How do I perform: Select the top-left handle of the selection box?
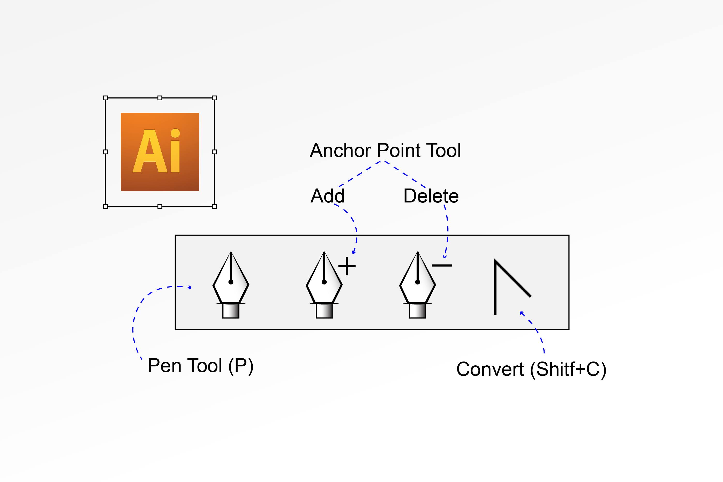pyautogui.click(x=106, y=98)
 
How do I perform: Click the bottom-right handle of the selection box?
pyautogui.click(x=214, y=206)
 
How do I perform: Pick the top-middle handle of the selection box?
pyautogui.click(x=160, y=98)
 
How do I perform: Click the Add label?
pyautogui.click(x=327, y=196)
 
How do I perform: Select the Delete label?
pyautogui.click(x=431, y=196)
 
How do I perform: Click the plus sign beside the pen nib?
pyautogui.click(x=347, y=266)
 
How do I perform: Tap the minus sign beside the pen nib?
pyautogui.click(x=442, y=265)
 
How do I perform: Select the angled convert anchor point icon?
pyautogui.click(x=507, y=286)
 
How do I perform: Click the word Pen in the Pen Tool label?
pyautogui.click(x=164, y=366)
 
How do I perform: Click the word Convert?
pyautogui.click(x=490, y=369)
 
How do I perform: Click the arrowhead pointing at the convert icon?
pyautogui.click(x=521, y=313)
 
